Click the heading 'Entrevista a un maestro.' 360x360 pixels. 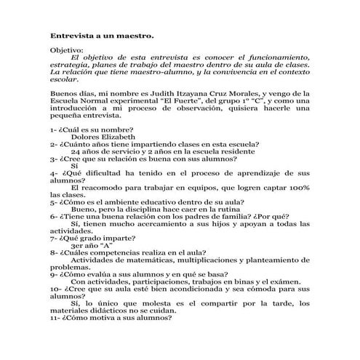pyautogui.click(x=101, y=34)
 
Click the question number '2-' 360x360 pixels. pyautogui.click(x=55, y=144)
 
